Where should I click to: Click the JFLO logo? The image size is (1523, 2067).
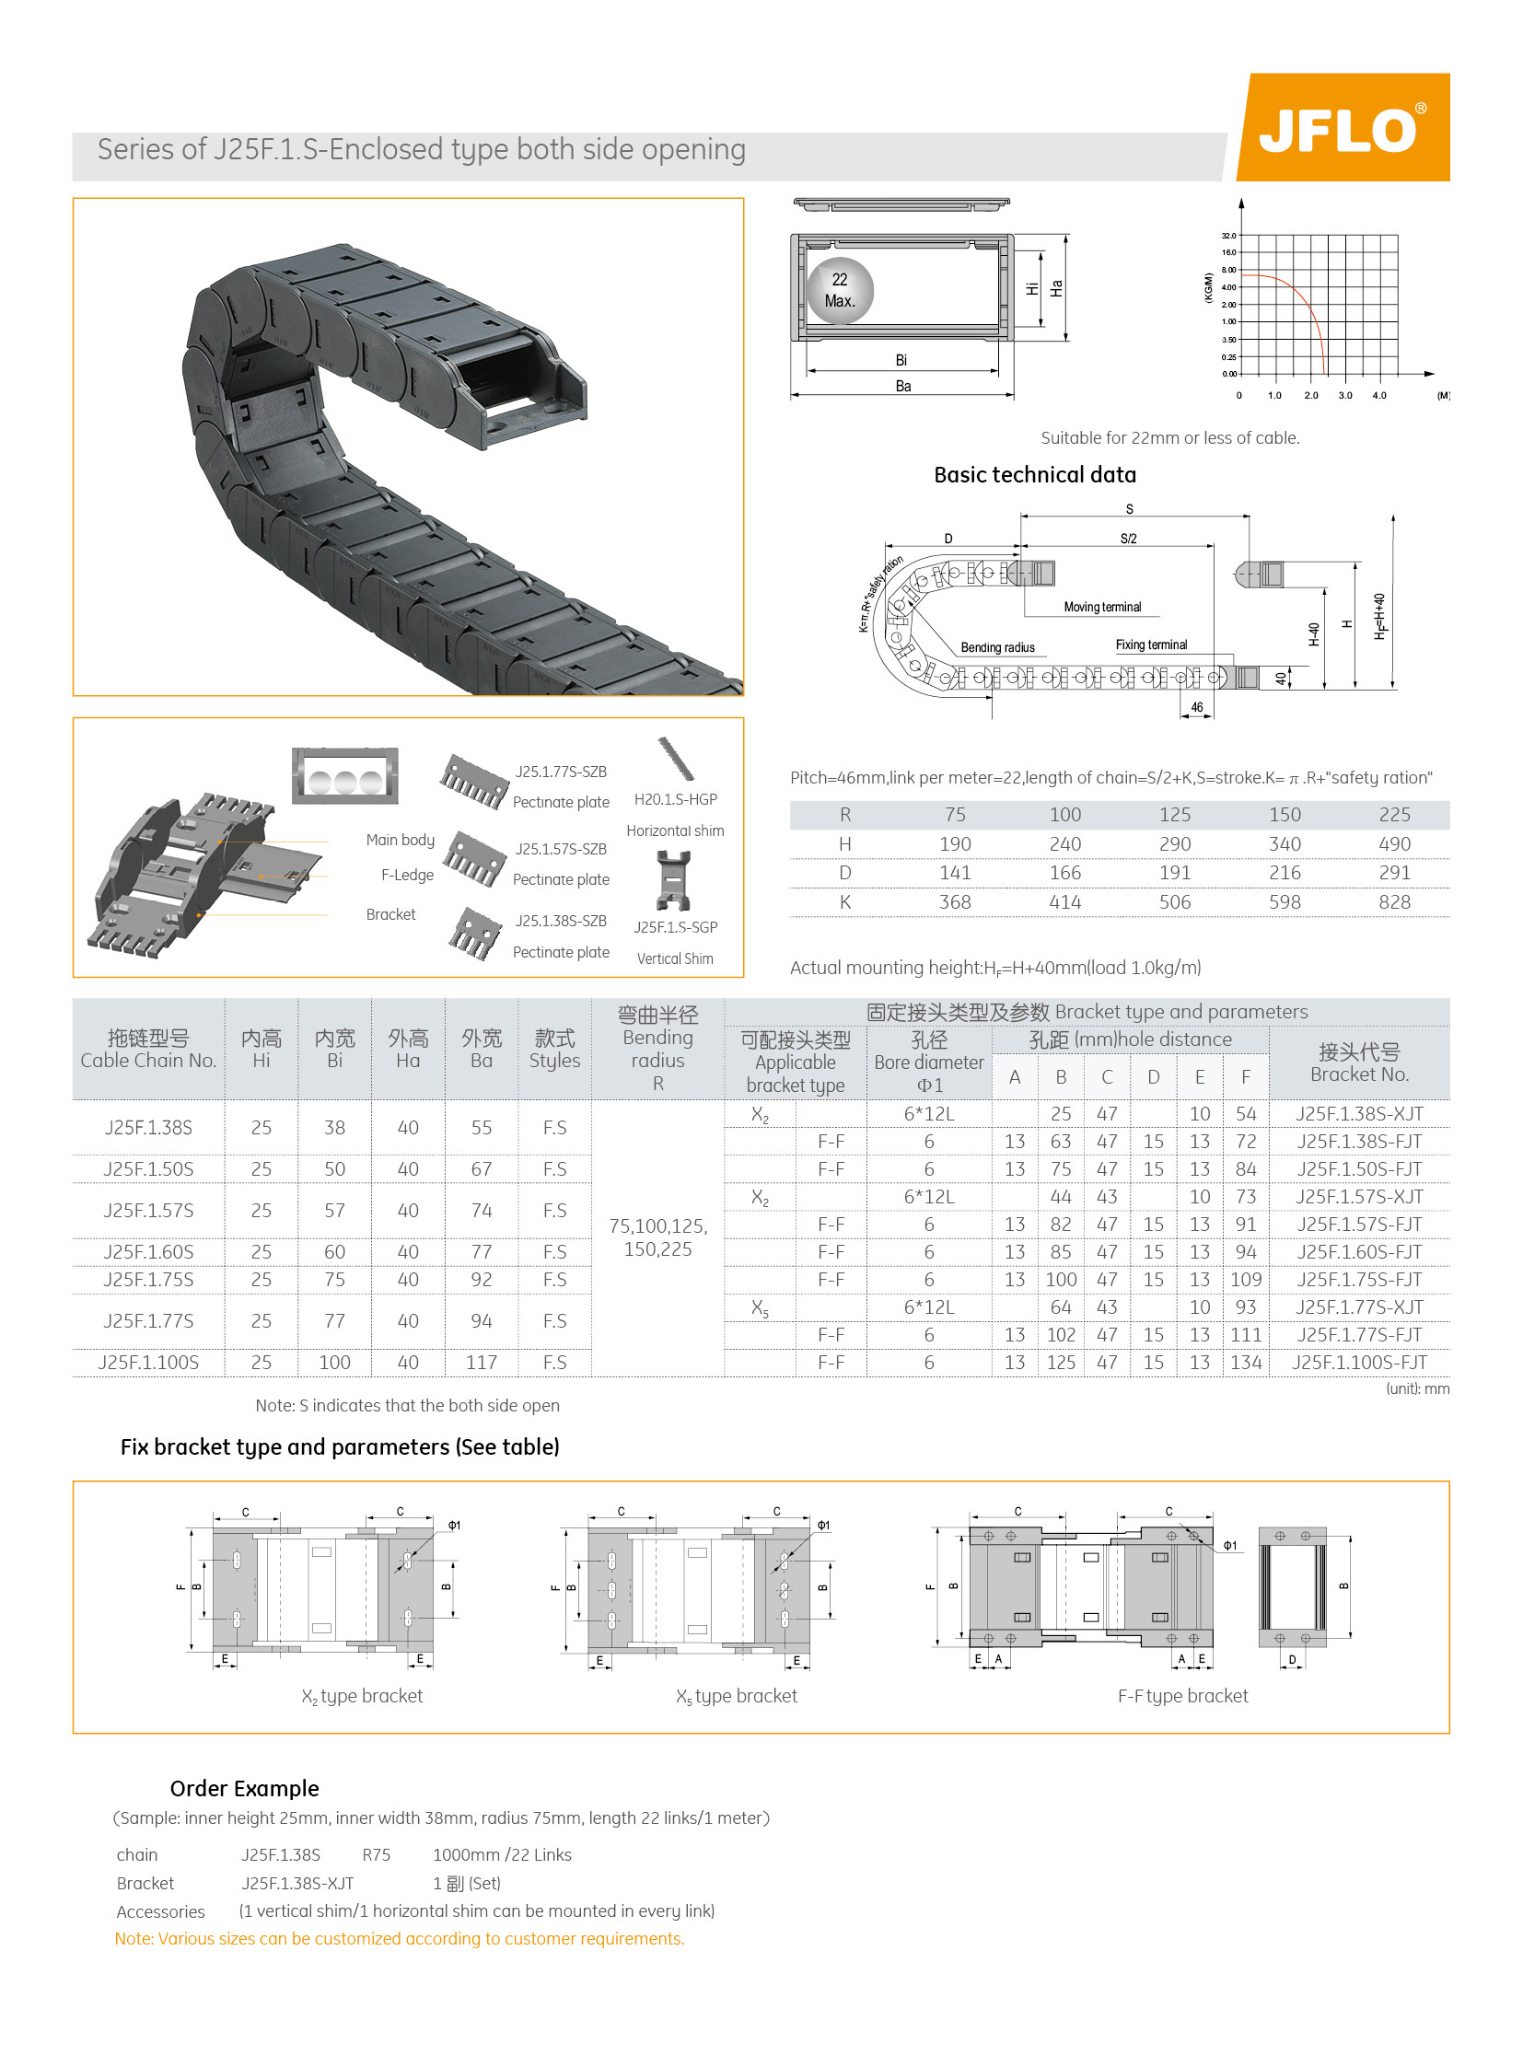pos(1342,128)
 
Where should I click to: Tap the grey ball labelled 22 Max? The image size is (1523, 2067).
pos(839,290)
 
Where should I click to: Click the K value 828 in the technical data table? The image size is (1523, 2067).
pos(1394,901)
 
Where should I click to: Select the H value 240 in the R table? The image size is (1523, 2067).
pos(1064,843)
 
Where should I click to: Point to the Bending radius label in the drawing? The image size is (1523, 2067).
pos(997,647)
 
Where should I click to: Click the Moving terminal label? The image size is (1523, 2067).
pos(1101,607)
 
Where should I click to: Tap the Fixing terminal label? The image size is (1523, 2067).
pos(1152,644)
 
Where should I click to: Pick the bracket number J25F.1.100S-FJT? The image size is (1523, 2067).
pos(1359,1362)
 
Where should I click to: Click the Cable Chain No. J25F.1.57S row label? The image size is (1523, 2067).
pos(148,1210)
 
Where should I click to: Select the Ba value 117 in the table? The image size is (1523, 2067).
pos(482,1362)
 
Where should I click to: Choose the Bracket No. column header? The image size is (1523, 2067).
pos(1359,1063)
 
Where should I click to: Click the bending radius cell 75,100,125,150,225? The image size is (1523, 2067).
pos(657,1237)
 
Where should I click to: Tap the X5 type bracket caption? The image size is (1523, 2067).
pos(737,1695)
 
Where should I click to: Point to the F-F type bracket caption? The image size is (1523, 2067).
pos(1183,1695)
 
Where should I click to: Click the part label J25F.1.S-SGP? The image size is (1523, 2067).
pos(675,926)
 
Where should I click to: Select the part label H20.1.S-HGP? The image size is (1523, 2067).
pos(675,799)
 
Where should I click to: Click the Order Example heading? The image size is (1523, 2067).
pos(244,1789)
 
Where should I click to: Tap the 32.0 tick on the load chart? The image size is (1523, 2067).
pos(1228,236)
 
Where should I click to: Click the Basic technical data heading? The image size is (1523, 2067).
pos(1034,475)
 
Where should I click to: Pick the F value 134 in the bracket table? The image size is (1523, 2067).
pos(1246,1362)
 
